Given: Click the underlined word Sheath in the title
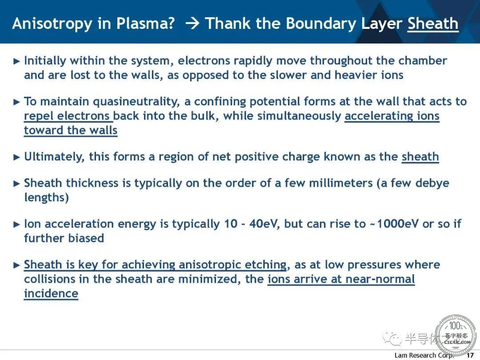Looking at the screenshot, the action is point(433,23).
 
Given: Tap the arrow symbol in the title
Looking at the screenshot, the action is point(192,24).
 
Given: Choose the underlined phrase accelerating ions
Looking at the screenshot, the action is point(392,116).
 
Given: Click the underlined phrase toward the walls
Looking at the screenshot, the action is point(71,130).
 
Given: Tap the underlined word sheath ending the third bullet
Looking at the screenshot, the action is point(420,157).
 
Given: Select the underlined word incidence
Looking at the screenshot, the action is point(51,294).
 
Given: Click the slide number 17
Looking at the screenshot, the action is point(470,356).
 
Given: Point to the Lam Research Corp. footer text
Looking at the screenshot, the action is point(424,356).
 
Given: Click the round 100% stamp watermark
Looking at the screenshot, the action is point(456,335).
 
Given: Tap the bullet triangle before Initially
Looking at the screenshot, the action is point(17,61).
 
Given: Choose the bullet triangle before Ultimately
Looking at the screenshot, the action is point(17,157).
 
